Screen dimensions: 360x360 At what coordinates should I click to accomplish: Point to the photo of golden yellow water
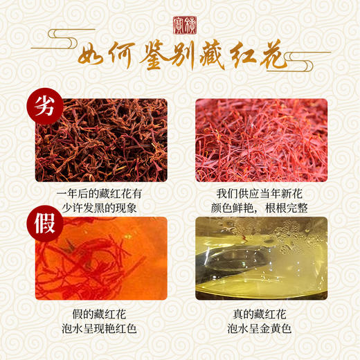pos(261,258)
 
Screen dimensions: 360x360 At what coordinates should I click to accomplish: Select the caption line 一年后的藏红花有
pos(102,195)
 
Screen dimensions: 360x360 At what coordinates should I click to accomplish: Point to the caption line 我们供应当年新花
pos(261,195)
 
